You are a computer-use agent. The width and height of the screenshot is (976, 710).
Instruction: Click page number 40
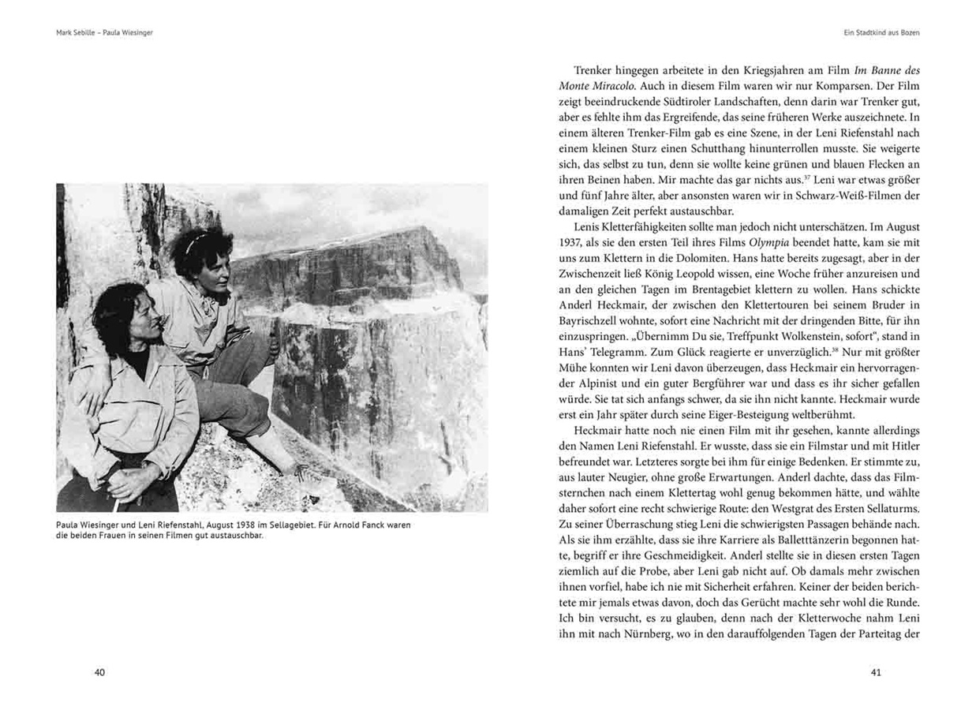[99, 673]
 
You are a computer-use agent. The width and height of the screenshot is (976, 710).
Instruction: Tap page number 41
[875, 673]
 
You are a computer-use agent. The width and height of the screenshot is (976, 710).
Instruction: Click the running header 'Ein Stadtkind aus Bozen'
[882, 33]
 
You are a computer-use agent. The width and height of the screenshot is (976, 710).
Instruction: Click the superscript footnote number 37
[728, 177]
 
